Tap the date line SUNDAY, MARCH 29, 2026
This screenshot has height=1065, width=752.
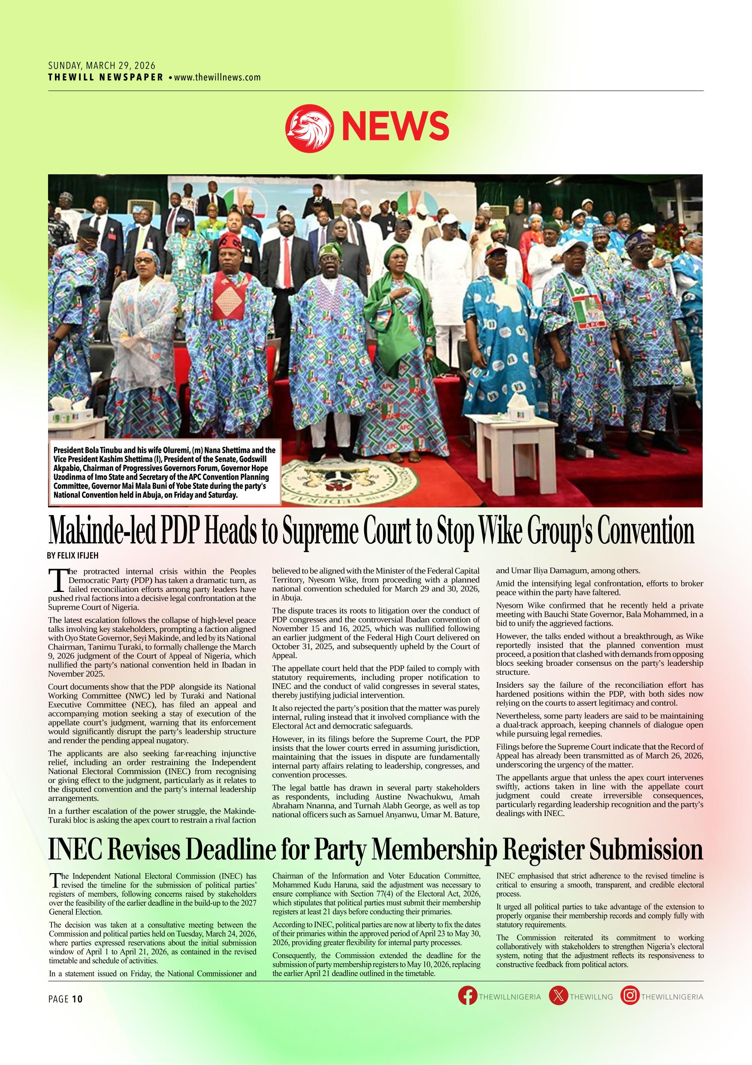102,67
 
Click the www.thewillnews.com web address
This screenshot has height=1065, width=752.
217,77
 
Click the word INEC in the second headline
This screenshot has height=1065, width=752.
74,851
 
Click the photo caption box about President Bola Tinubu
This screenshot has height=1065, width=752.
165,472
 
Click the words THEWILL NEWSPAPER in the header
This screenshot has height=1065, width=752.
106,77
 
